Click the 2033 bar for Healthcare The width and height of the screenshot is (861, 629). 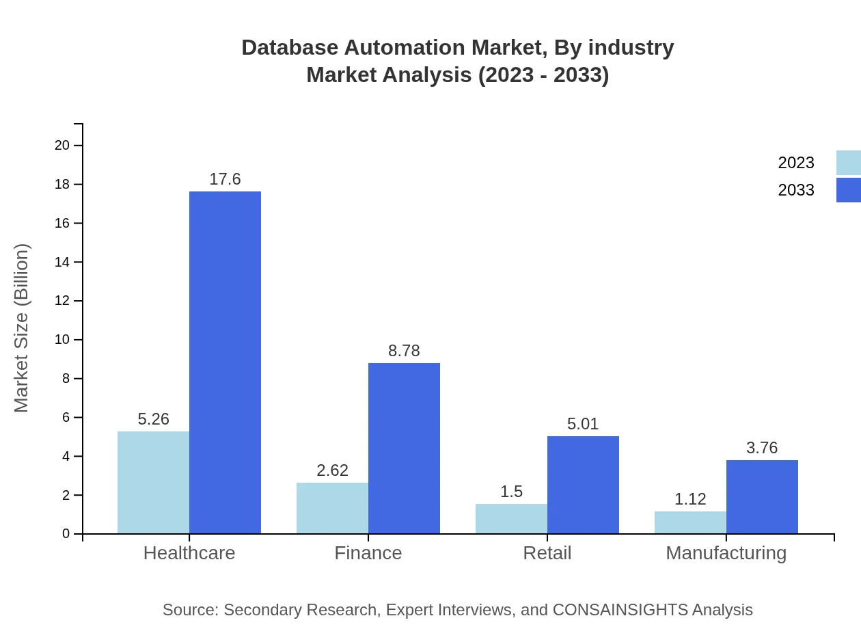(225, 362)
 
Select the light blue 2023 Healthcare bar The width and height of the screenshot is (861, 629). (153, 482)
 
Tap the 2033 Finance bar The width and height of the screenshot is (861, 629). (404, 448)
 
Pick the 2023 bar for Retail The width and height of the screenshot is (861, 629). (511, 518)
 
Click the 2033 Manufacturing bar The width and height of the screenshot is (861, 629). (762, 496)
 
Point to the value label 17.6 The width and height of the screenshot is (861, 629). (225, 179)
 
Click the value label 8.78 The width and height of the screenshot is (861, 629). (404, 351)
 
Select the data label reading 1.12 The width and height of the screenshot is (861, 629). (690, 499)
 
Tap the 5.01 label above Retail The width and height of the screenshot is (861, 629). (583, 424)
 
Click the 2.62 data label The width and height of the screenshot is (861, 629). (332, 470)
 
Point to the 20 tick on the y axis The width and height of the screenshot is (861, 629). (62, 146)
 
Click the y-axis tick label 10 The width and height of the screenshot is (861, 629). (62, 340)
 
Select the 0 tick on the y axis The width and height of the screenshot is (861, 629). (66, 534)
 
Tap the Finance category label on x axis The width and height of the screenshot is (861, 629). (368, 553)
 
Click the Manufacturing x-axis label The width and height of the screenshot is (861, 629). (726, 553)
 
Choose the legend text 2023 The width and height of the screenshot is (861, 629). (796, 163)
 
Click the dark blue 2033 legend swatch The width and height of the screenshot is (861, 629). (848, 190)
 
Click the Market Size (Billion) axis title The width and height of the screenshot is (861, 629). (22, 328)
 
